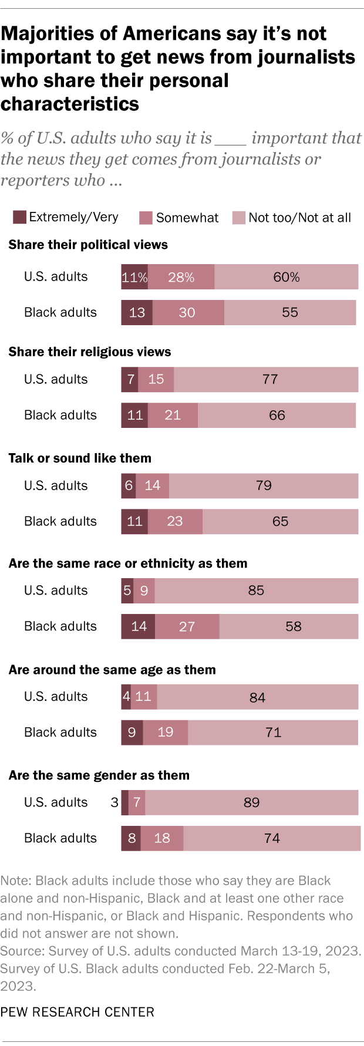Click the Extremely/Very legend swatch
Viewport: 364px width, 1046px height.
point(19,217)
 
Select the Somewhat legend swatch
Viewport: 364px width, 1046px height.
point(146,218)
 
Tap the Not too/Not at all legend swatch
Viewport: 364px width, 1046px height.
point(238,218)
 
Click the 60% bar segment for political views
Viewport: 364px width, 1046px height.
point(286,277)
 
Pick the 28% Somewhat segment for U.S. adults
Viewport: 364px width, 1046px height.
point(181,277)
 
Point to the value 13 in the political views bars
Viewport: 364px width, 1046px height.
point(137,313)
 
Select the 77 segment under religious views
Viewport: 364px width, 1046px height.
point(266,380)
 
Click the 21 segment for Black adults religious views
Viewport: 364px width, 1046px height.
point(173,416)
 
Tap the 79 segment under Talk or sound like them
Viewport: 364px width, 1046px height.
point(264,486)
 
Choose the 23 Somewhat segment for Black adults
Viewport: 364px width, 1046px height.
point(175,522)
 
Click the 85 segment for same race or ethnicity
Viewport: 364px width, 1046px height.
point(256,591)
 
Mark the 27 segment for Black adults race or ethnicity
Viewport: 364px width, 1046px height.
point(187,627)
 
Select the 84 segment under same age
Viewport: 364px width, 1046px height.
point(257,697)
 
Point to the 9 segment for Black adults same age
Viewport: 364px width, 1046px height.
point(132,733)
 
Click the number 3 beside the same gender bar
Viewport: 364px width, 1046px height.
point(114,802)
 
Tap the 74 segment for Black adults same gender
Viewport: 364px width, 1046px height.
point(272,838)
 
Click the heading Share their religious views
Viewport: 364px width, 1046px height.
point(90,352)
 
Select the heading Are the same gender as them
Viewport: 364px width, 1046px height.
point(99,775)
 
